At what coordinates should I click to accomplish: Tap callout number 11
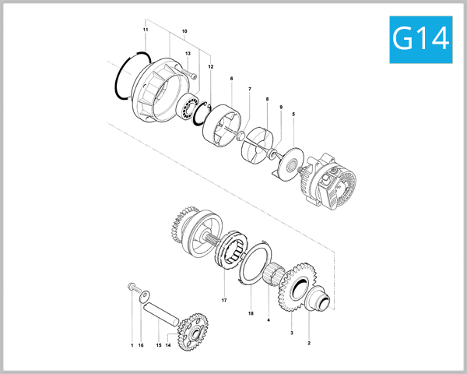click(145, 30)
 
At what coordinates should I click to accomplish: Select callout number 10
click(184, 32)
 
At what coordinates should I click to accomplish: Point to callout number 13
click(188, 53)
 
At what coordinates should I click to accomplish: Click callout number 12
click(210, 66)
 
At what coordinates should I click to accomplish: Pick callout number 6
click(231, 79)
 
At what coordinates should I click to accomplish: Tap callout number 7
click(250, 90)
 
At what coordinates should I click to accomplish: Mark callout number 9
click(281, 107)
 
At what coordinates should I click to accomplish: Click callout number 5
click(293, 115)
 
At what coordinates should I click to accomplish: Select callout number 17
click(223, 300)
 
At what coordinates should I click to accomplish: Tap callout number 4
click(269, 320)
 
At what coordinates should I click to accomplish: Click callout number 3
click(291, 333)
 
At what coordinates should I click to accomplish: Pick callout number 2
click(309, 343)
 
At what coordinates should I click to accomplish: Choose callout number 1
click(132, 344)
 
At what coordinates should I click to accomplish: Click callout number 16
click(141, 344)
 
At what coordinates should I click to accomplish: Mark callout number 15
click(159, 344)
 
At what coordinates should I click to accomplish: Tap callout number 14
click(169, 344)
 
